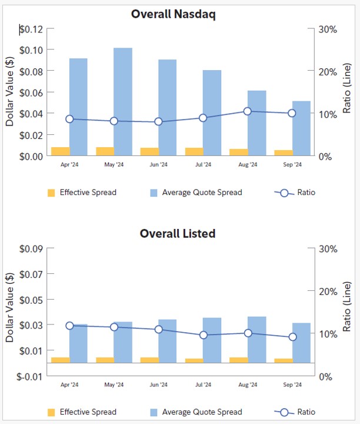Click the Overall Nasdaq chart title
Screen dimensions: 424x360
[173, 14]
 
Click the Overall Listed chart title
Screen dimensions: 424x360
[178, 233]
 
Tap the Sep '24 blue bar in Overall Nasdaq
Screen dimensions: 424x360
[301, 128]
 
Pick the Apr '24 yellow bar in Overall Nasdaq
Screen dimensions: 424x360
[61, 151]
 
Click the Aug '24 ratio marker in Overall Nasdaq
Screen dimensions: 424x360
[248, 111]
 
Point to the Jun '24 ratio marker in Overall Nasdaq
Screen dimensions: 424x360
[158, 122]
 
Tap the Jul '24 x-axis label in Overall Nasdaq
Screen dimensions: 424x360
[203, 165]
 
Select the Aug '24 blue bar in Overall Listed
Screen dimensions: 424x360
[256, 339]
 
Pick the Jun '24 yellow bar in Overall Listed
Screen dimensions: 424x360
[149, 360]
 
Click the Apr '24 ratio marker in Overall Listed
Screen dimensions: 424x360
[69, 326]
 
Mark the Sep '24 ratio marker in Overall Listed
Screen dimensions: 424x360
[292, 337]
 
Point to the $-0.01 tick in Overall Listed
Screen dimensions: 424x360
[30, 376]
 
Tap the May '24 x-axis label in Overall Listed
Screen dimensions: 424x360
[114, 385]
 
